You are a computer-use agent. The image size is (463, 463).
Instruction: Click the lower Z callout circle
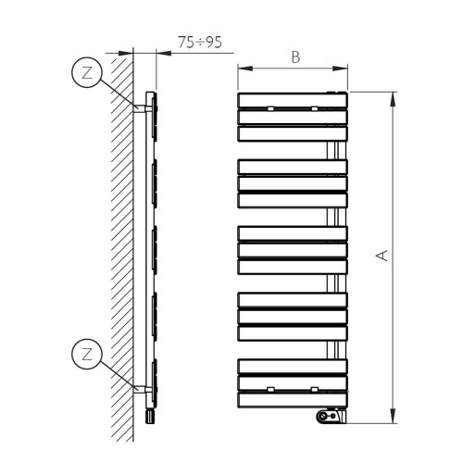pos(86,354)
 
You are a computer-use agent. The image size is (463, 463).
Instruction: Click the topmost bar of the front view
pos(293,99)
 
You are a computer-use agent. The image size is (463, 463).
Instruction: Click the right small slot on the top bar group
pos(316,110)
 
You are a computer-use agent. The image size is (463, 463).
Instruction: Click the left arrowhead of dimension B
pos(241,69)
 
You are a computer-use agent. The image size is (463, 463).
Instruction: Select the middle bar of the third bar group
pos(293,249)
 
